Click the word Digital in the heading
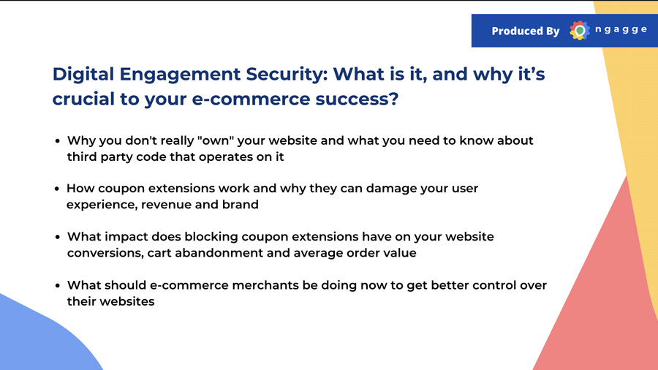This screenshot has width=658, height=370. (x=83, y=75)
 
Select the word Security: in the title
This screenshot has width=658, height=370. (x=287, y=75)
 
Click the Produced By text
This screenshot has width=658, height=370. (x=526, y=31)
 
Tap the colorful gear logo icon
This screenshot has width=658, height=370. (x=580, y=30)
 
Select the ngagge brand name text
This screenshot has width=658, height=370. (x=621, y=30)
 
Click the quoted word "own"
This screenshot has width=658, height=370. (x=215, y=140)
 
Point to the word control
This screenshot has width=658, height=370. (x=494, y=285)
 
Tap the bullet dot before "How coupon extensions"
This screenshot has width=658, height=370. (x=57, y=189)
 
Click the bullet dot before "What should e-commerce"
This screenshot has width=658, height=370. (x=58, y=286)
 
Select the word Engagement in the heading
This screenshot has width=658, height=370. (x=180, y=75)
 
